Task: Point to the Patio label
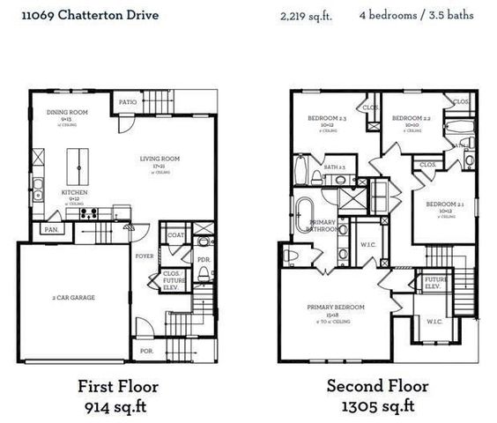[x=129, y=102]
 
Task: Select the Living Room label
[x=159, y=159]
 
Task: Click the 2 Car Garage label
[x=73, y=297]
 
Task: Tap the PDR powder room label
[x=203, y=260]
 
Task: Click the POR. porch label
[x=145, y=351]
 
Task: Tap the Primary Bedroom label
[x=336, y=307]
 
